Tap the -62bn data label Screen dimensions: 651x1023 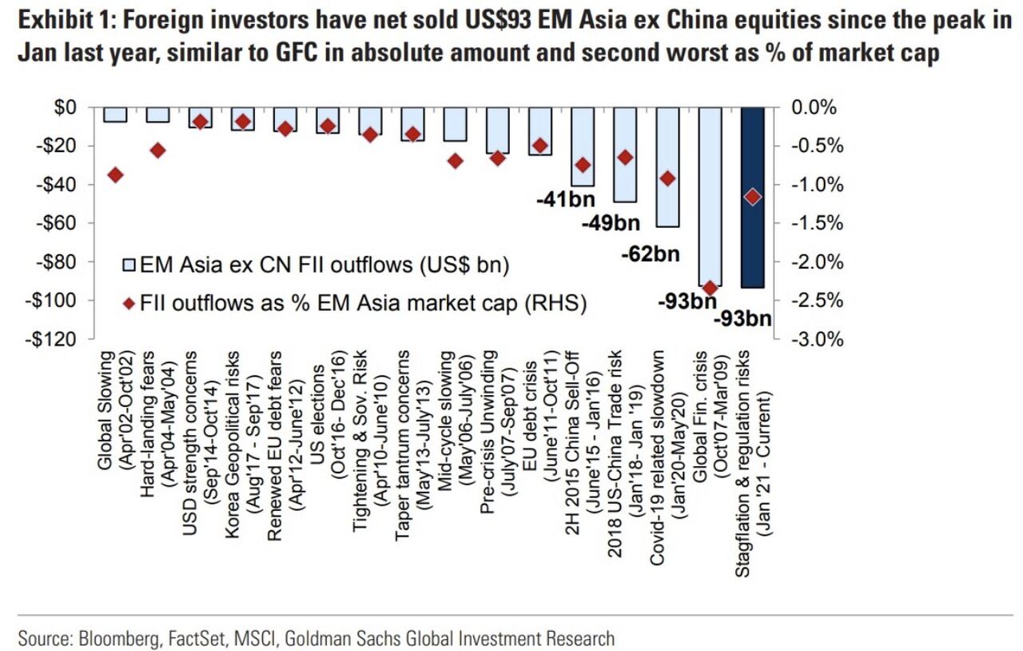point(650,254)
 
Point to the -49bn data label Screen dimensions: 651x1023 point(611,223)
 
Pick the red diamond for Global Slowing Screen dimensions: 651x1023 point(115,175)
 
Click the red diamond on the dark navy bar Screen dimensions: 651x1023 point(752,197)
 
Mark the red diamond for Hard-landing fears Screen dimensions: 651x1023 point(157,150)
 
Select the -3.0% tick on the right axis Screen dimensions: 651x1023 point(817,340)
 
